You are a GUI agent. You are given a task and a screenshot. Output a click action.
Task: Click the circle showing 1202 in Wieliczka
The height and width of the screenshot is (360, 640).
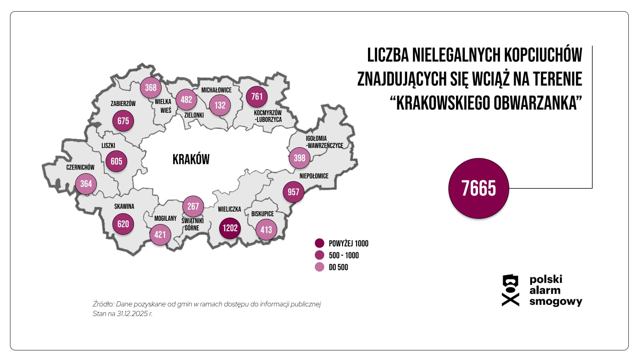coord(230,228)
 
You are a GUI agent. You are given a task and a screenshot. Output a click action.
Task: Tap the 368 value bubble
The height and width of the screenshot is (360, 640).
coord(151,88)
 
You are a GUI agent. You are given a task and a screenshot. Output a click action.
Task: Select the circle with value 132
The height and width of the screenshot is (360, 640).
coord(220,105)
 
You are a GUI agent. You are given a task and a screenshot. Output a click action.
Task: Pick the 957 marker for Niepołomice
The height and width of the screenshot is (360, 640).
coord(293,192)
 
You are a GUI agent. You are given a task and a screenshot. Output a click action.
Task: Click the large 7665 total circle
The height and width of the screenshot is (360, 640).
coord(478,188)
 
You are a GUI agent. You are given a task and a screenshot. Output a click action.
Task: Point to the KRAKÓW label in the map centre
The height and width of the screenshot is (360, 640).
coord(191,159)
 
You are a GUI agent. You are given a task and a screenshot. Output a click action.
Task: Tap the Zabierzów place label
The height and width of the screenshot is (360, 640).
coord(123,104)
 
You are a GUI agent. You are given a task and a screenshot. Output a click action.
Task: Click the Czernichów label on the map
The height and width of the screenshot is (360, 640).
coord(80,167)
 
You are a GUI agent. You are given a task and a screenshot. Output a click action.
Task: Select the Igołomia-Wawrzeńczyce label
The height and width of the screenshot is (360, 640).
coord(324,142)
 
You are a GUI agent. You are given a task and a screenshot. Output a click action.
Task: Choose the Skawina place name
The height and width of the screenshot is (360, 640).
coord(124,206)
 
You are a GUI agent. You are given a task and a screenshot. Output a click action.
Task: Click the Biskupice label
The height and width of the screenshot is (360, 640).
coord(262,214)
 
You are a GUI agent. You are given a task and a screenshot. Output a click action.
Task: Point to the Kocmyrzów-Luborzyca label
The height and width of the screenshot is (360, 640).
coord(268,116)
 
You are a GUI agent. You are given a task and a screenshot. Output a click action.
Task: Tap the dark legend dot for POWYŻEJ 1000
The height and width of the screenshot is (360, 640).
coord(319,243)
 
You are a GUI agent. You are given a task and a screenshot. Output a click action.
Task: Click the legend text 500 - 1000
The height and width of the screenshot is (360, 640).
coord(344,255)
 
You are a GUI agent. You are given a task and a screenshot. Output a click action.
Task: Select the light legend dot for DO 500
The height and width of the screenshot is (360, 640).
coord(319,267)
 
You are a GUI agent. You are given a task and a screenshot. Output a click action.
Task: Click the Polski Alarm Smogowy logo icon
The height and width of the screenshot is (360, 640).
coord(510,290)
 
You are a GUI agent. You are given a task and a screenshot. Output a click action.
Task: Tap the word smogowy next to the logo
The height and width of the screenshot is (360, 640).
coord(556,302)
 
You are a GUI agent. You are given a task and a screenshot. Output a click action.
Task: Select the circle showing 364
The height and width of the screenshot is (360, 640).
coord(86,184)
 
